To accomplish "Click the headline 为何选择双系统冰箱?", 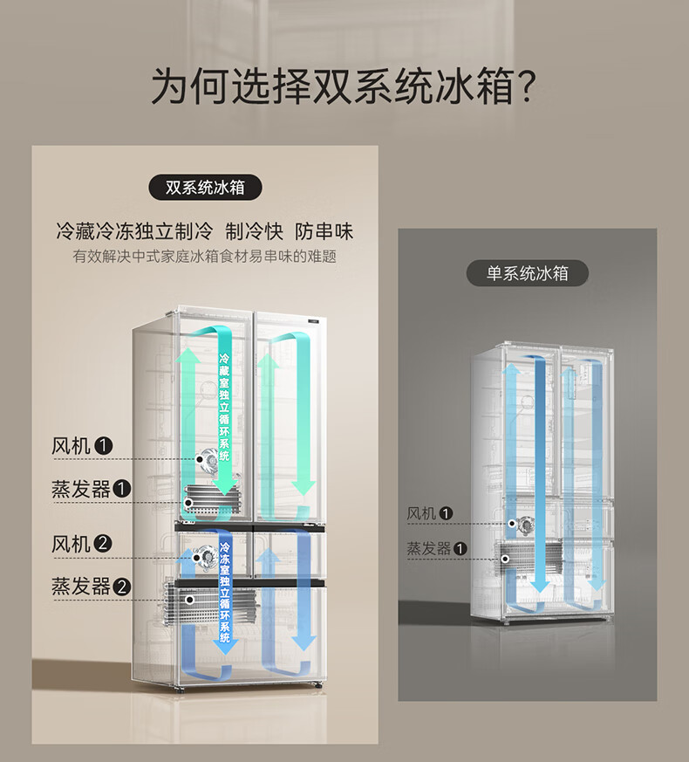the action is point(344,86).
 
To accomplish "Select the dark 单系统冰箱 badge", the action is point(527,273).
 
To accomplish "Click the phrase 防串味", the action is point(324,231).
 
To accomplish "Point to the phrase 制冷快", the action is point(255,231).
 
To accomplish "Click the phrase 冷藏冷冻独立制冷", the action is point(134,231).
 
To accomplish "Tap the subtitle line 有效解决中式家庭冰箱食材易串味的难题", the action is point(205,257).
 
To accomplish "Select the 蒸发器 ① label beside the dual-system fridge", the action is point(92,489).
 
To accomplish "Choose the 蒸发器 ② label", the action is point(92,586).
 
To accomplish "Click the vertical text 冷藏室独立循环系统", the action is point(224,406).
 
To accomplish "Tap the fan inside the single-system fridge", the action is point(525,525).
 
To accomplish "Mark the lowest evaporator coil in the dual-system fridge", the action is point(209,602).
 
